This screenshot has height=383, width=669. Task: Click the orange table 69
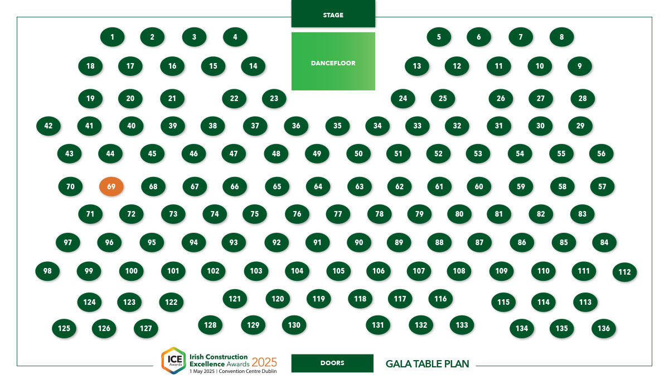[x=111, y=186]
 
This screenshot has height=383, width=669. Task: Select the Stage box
[x=333, y=13]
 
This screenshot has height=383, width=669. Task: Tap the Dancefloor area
[x=333, y=61]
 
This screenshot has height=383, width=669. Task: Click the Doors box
[x=332, y=363]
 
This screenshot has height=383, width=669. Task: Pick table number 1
[x=112, y=37]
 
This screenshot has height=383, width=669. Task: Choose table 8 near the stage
[x=561, y=37]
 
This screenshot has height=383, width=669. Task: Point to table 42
[x=49, y=126]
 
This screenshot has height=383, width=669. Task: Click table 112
[x=624, y=272]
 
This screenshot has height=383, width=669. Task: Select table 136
[x=604, y=328]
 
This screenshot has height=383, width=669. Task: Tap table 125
[x=64, y=328]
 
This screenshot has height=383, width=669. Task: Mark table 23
[x=274, y=98]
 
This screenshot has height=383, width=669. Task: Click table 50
[x=358, y=154]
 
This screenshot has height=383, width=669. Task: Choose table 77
[x=338, y=214]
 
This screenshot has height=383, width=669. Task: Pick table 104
[x=297, y=271]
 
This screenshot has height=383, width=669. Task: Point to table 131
[x=378, y=325]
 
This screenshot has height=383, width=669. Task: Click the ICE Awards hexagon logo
[x=174, y=360]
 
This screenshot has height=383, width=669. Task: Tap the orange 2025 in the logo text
[x=264, y=362]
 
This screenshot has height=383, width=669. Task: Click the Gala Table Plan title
[x=428, y=364]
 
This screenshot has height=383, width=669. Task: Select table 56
[x=601, y=154]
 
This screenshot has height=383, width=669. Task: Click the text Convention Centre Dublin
[x=248, y=371]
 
